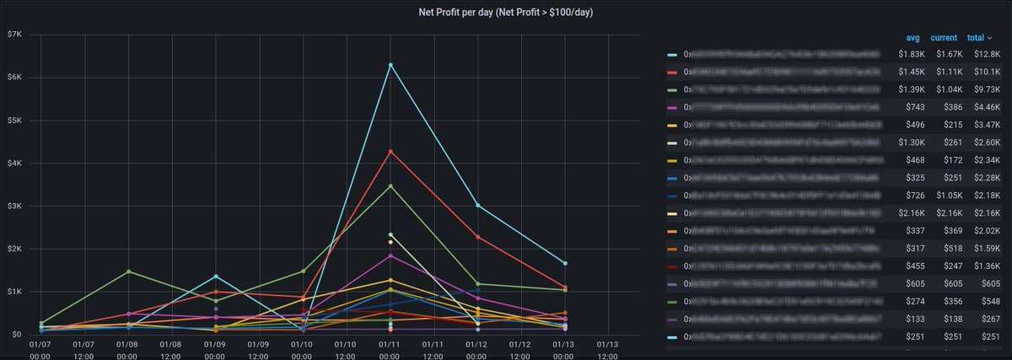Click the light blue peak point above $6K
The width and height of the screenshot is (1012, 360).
390,65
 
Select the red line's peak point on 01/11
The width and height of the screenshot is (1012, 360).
390,152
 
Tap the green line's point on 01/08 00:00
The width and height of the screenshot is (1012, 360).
128,271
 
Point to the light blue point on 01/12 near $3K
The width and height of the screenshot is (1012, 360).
477,205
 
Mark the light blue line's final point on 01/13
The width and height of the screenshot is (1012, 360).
564,263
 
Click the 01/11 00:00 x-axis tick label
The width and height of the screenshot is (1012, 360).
390,350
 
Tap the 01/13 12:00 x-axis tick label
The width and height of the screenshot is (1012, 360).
607,350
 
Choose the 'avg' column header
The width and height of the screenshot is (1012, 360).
912,38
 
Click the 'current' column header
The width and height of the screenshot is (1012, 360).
944,38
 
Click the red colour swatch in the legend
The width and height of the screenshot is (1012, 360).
671,72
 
